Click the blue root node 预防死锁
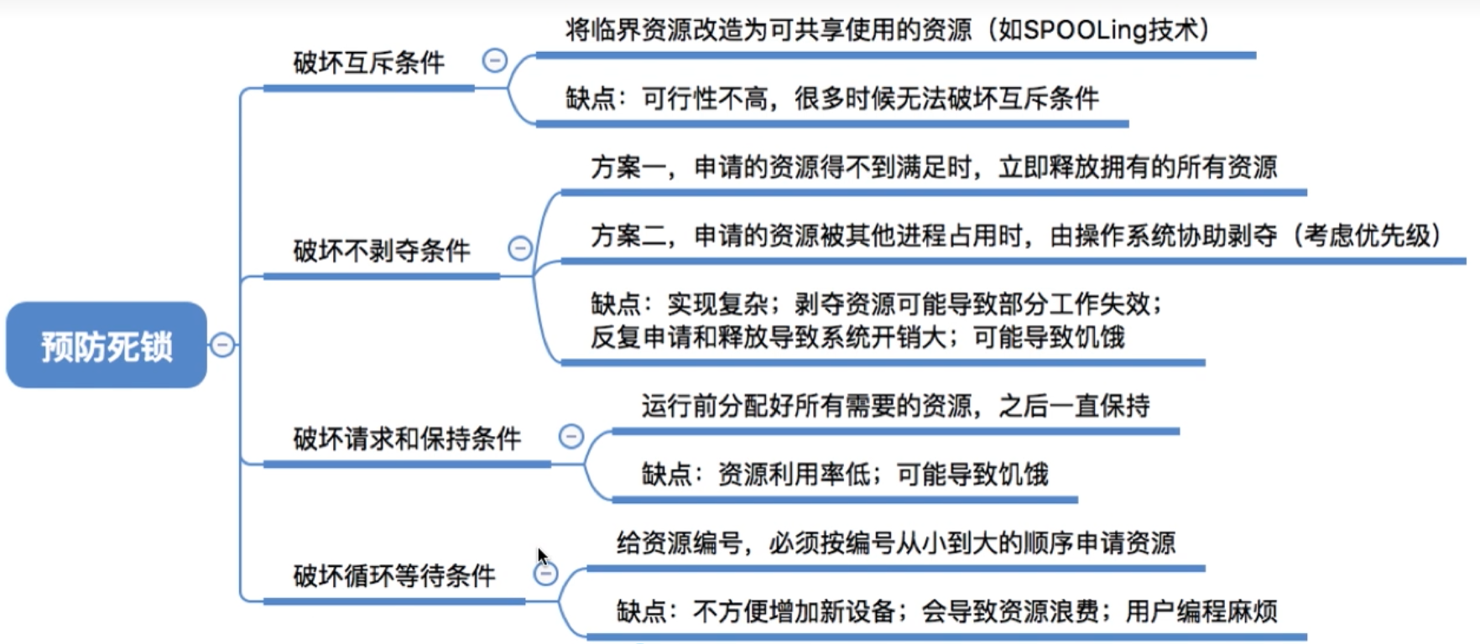107,345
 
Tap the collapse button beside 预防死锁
222,345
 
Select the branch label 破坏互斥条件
368,63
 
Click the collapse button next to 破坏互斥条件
495,60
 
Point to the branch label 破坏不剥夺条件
381,251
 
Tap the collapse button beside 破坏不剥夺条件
520,248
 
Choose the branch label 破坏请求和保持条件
407,439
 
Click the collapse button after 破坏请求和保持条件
571,436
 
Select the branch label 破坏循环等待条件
394,576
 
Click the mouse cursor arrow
542,557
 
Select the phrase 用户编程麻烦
1201,611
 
